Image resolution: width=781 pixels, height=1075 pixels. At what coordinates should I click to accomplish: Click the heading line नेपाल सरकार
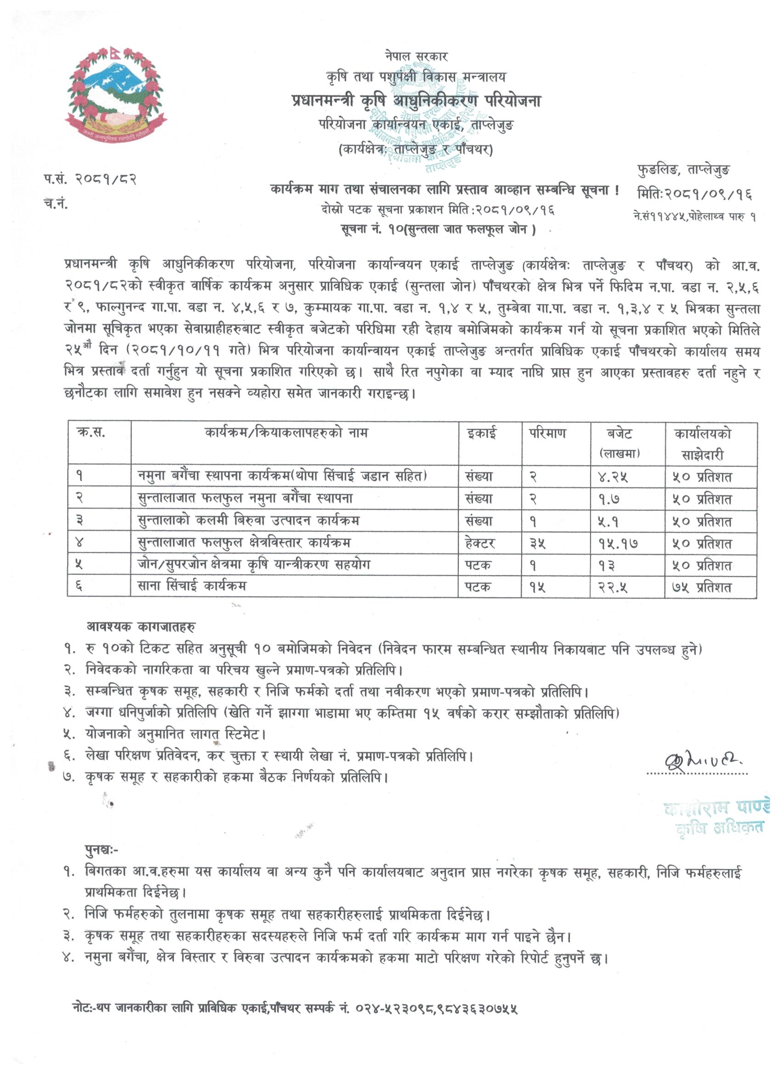(416, 57)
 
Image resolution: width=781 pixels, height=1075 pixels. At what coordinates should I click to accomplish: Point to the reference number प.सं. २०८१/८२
(91, 180)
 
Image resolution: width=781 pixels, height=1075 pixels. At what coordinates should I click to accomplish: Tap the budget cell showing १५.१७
(617, 543)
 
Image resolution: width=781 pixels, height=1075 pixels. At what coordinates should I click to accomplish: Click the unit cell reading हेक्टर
(480, 543)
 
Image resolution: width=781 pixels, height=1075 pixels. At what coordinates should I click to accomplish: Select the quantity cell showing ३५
(538, 543)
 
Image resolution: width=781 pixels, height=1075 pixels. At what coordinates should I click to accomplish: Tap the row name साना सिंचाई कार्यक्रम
(192, 586)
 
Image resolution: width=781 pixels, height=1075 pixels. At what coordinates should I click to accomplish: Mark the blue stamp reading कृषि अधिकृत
(720, 827)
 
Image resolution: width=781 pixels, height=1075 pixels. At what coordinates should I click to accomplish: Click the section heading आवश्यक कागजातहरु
(140, 627)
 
